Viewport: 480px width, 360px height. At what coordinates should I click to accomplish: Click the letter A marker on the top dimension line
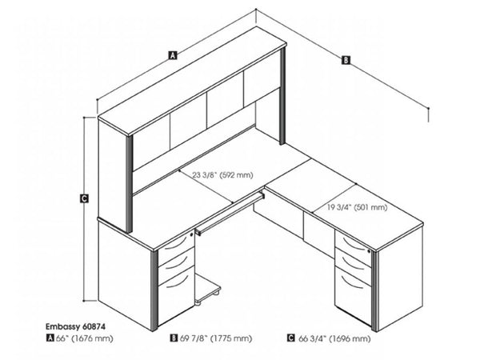tap(172, 55)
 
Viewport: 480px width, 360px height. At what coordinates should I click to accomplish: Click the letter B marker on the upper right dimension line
tap(346, 59)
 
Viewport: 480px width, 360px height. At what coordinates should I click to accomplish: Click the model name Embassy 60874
tap(70, 326)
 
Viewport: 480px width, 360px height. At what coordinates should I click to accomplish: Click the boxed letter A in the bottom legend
tap(50, 339)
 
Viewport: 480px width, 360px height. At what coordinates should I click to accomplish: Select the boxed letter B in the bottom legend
tap(174, 339)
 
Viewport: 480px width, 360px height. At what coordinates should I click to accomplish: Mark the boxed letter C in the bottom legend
tap(290, 339)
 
